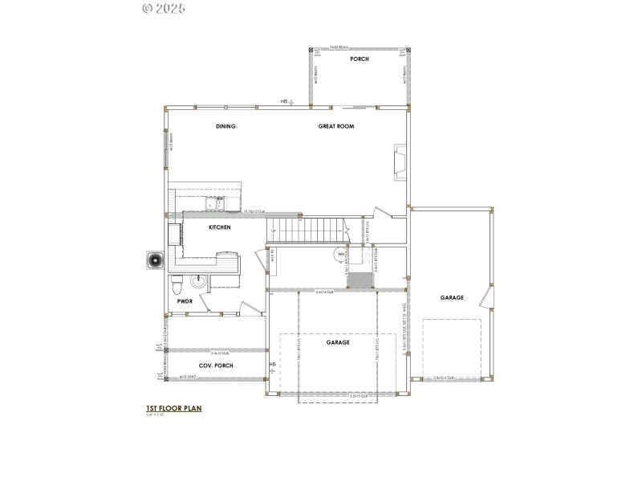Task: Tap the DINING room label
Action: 226,126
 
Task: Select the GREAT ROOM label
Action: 336,126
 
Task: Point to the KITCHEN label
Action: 220,228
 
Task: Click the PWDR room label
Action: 184,301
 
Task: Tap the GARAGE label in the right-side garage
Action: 452,297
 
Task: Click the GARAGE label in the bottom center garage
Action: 338,342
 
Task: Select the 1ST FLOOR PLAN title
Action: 173,408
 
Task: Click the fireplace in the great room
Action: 400,161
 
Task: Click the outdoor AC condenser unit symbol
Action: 154,261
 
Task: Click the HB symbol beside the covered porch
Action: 273,366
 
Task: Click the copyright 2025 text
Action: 164,9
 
